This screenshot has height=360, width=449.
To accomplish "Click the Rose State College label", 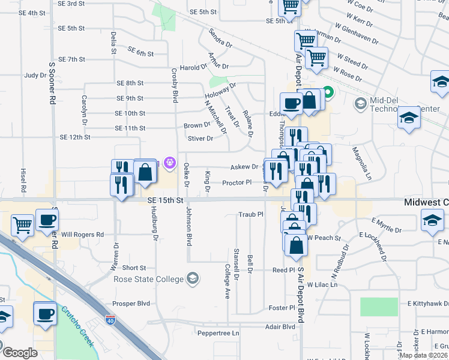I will (x=148, y=279).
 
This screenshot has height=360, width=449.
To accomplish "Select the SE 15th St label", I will (x=164, y=202).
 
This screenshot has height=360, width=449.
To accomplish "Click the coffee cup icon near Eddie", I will (x=291, y=102).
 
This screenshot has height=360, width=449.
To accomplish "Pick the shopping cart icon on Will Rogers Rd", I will (x=23, y=225).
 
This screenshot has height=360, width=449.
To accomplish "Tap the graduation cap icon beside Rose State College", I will (x=193, y=278).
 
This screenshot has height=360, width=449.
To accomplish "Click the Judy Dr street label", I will (x=35, y=76).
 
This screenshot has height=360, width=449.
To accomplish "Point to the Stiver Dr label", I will (x=200, y=139).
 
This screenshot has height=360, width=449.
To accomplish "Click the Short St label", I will (x=134, y=268).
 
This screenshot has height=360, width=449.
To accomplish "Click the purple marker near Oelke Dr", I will (x=170, y=162).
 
